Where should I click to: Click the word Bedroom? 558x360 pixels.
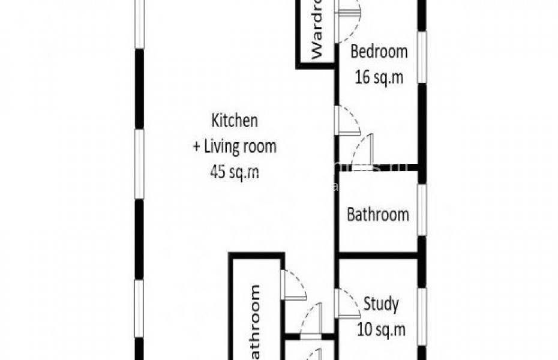(379, 52)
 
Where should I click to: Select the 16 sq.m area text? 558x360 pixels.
(378, 77)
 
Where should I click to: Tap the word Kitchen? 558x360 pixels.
(235, 120)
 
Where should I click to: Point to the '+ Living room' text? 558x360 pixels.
(234, 146)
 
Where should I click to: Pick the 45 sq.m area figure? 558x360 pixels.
(234, 172)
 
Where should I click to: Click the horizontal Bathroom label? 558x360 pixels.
(378, 214)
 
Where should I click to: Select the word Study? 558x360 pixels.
(380, 304)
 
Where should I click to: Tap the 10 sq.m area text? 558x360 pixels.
(381, 329)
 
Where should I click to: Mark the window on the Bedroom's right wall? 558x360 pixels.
(422, 56)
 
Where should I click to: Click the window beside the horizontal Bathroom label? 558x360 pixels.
(422, 210)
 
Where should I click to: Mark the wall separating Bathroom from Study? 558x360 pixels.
(378, 256)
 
